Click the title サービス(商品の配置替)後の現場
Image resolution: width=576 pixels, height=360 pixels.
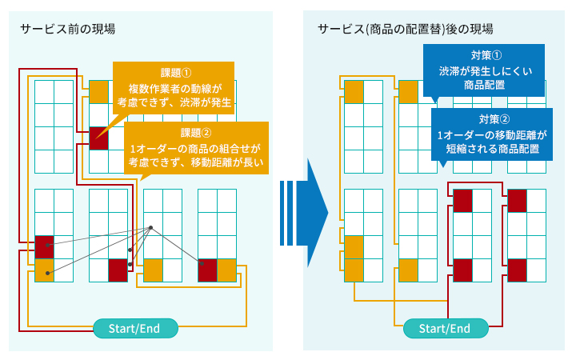pos(405,30)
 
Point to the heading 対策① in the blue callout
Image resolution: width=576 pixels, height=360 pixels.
pos(486,56)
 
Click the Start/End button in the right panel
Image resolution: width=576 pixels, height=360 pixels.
pos(444,328)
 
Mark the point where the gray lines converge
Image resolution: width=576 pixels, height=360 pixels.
pos(151,230)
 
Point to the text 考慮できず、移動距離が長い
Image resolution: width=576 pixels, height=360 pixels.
pos(196,162)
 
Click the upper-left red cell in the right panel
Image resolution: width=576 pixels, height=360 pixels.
pos(463,201)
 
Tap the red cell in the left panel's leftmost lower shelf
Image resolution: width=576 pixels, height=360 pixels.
pos(44,247)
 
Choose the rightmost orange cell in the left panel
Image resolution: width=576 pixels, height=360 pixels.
pos(227,270)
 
